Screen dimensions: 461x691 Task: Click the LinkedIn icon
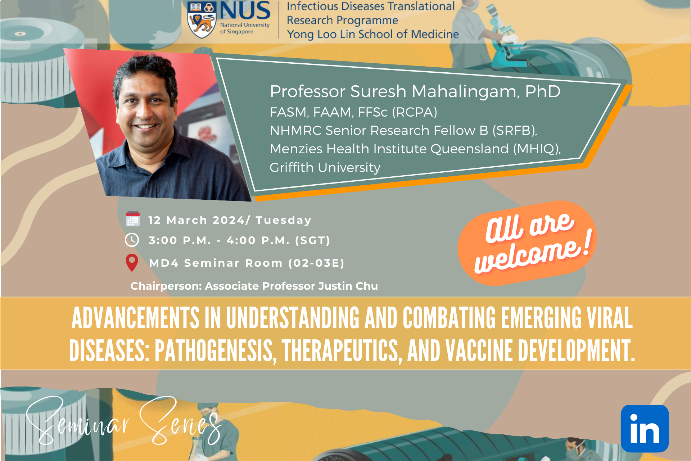pyautogui.click(x=645, y=429)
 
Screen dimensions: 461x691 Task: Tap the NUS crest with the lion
pyautogui.click(x=202, y=20)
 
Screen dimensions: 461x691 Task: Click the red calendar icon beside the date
pyautogui.click(x=132, y=219)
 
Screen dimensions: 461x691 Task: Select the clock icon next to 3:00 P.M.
pyautogui.click(x=132, y=240)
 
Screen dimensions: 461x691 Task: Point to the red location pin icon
pyautogui.click(x=132, y=262)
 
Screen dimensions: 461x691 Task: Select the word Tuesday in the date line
pyautogui.click(x=284, y=220)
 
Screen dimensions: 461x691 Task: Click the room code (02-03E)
pyautogui.click(x=316, y=263)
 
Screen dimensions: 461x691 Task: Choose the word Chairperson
pyautogui.click(x=166, y=286)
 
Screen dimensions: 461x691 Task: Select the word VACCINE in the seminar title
pyautogui.click(x=479, y=351)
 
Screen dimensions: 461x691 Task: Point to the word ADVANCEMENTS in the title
pyautogui.click(x=135, y=318)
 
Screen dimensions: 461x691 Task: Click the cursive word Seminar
pyautogui.click(x=77, y=421)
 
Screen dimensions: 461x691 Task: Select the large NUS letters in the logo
pyautogui.click(x=245, y=11)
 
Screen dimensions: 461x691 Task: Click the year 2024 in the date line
pyautogui.click(x=229, y=220)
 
